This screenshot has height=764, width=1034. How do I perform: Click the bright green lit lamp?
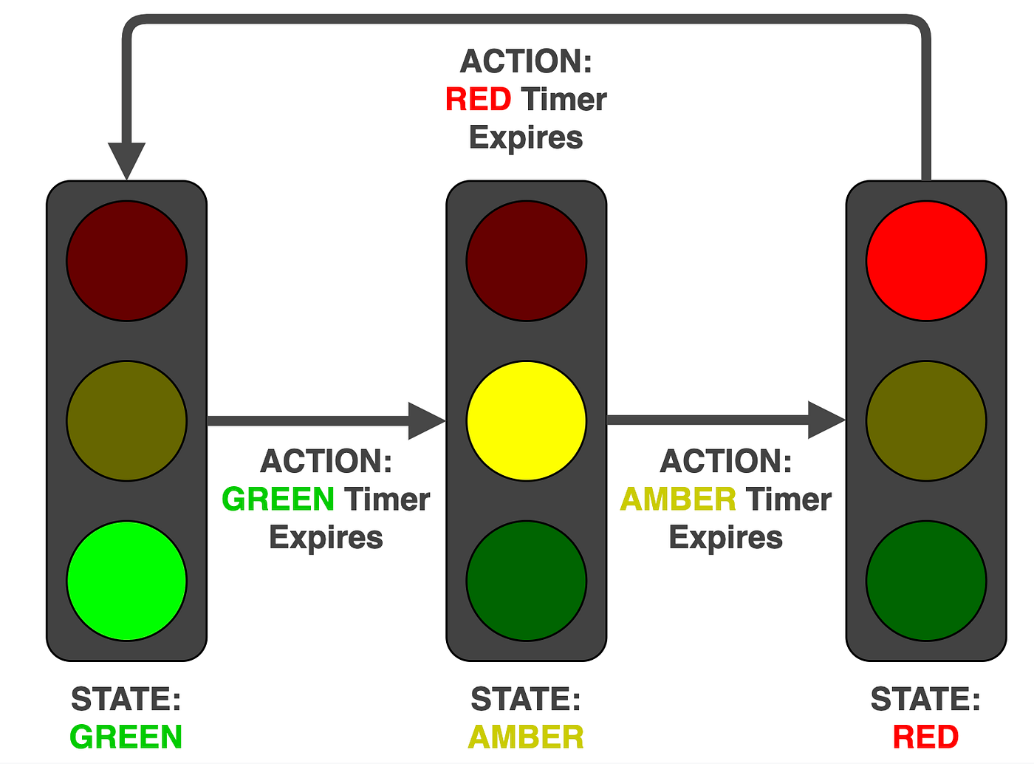coord(126,581)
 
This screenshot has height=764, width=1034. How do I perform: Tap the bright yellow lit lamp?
coord(526,420)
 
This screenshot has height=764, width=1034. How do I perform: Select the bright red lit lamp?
coord(926,261)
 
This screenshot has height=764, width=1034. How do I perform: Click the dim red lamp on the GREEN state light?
coord(126,261)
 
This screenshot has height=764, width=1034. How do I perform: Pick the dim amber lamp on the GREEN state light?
coord(126,420)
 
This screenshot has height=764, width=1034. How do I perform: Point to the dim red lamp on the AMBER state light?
coord(526,261)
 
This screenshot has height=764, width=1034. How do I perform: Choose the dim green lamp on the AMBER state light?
coord(526,581)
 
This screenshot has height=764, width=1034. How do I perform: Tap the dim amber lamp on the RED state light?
coord(926,420)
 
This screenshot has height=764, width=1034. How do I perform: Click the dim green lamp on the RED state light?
coord(926,581)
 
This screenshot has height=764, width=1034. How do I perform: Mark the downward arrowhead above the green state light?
coord(126,159)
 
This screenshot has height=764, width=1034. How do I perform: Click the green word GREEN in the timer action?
coord(278,499)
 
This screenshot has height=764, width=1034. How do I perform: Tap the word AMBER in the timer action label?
coord(678,499)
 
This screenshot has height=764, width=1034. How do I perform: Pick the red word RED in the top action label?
coord(478,99)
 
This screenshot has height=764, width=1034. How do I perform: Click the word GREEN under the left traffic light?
coord(126,737)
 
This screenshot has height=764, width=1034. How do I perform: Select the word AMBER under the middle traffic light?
coord(526,737)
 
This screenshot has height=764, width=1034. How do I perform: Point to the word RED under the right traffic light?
coord(925,737)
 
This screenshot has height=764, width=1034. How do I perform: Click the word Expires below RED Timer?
coord(526,138)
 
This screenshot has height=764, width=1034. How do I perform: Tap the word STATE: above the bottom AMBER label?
coord(526,699)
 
